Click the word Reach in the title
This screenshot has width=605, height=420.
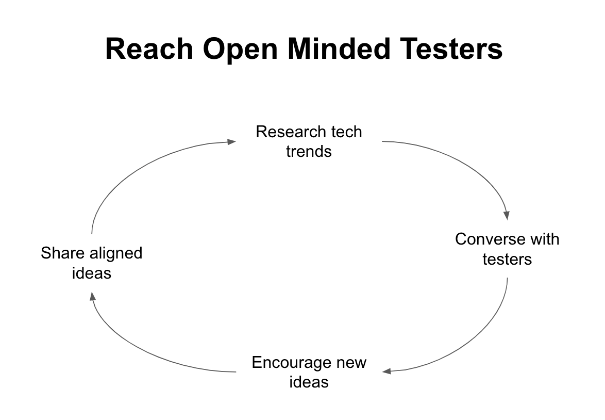pyautogui.click(x=149, y=49)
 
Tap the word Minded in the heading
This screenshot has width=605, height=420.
pyautogui.click(x=339, y=49)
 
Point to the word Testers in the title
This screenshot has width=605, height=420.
pyautogui.click(x=451, y=49)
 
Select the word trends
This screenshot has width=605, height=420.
pyautogui.click(x=309, y=152)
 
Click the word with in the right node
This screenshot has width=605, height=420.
pyautogui.click(x=545, y=239)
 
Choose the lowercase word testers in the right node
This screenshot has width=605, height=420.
pyautogui.click(x=507, y=259)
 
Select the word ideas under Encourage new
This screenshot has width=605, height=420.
pyautogui.click(x=309, y=382)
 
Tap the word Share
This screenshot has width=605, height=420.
pyautogui.click(x=62, y=253)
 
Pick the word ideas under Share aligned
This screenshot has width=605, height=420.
pyautogui.click(x=91, y=273)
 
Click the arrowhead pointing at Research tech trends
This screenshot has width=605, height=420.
pyautogui.click(x=231, y=142)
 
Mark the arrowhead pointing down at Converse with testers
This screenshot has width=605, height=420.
pyautogui.click(x=507, y=216)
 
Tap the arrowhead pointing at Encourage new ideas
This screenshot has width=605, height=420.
pyautogui.click(x=386, y=371)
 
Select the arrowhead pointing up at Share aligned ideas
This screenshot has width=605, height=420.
pyautogui.click(x=92, y=296)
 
